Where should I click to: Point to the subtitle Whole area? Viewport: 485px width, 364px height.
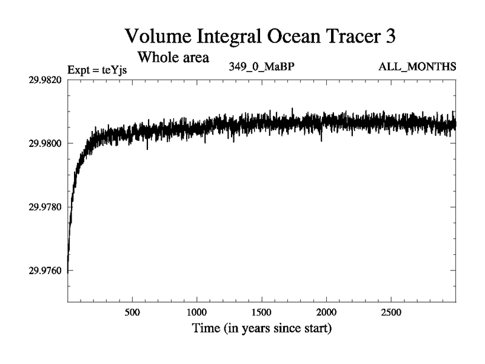[173, 58]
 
